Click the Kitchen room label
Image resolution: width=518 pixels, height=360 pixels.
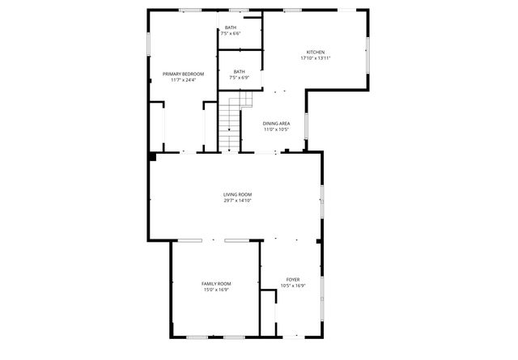(x=316, y=51)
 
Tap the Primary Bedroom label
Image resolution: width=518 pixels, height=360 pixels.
(x=182, y=74)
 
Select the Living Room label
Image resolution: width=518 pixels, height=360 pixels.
(x=238, y=194)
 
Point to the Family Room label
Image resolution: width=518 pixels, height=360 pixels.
(x=216, y=283)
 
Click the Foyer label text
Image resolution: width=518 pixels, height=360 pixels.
(x=292, y=279)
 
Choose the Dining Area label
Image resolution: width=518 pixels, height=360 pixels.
(x=276, y=123)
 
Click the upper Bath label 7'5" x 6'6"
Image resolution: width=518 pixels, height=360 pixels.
(x=231, y=28)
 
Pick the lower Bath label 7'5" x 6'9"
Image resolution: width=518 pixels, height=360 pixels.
(x=239, y=71)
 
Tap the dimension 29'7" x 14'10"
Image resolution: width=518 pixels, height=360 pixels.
(x=238, y=201)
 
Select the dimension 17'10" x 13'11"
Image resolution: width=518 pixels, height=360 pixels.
(x=316, y=57)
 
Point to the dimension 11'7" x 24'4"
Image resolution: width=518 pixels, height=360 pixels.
(x=182, y=79)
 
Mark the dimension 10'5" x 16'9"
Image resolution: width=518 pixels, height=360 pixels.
(x=292, y=285)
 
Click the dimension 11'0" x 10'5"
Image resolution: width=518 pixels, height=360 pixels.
(x=276, y=129)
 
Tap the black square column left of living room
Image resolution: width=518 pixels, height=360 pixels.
(x=151, y=156)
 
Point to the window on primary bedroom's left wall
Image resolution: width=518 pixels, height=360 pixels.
(x=148, y=45)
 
